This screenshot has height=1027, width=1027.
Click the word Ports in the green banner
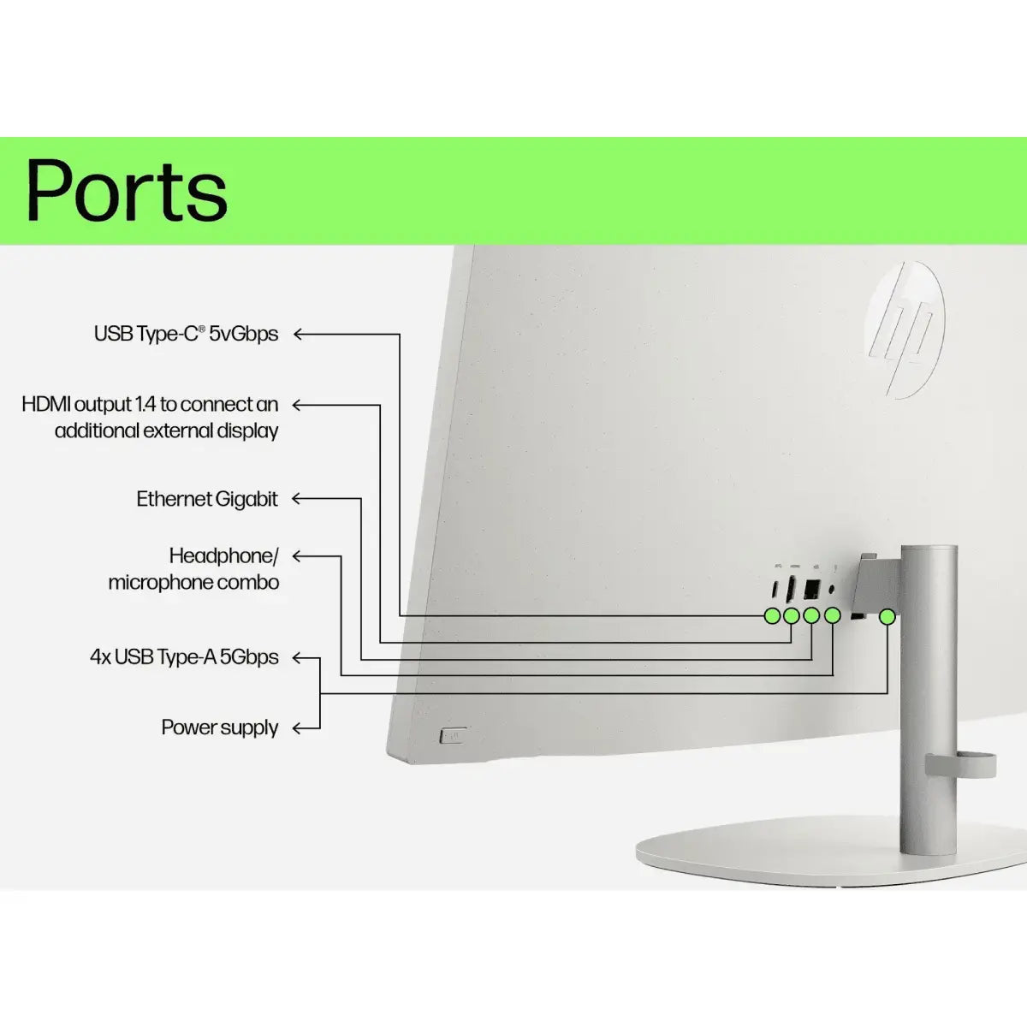pyautogui.click(x=127, y=190)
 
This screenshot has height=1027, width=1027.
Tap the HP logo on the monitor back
pyautogui.click(x=904, y=329)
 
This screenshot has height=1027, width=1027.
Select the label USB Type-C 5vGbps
pyautogui.click(x=186, y=334)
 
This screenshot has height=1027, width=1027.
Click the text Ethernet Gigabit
pyautogui.click(x=207, y=499)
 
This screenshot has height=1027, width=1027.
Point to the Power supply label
pyautogui.click(x=220, y=727)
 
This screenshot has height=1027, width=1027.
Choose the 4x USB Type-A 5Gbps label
pyautogui.click(x=184, y=657)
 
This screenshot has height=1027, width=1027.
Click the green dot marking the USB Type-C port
pyautogui.click(x=772, y=615)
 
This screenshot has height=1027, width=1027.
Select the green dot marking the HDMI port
pyautogui.click(x=792, y=615)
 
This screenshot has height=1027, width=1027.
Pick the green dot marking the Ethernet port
pyautogui.click(x=812, y=615)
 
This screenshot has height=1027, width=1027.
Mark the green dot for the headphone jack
pyautogui.click(x=833, y=615)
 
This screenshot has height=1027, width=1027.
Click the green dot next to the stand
pyautogui.click(x=887, y=615)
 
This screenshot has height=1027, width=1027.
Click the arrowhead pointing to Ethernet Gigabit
pyautogui.click(x=297, y=498)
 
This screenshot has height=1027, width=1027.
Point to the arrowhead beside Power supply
pyautogui.click(x=297, y=728)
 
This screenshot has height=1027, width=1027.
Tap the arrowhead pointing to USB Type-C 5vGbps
pyautogui.click(x=299, y=334)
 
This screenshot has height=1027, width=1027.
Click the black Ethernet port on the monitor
pyautogui.click(x=812, y=590)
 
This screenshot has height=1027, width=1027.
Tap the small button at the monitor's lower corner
pyautogui.click(x=453, y=734)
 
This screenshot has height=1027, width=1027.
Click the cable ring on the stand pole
pyautogui.click(x=960, y=764)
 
